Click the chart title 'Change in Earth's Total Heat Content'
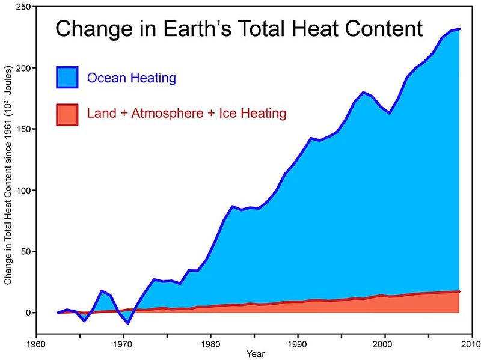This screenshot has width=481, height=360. tap(239, 29)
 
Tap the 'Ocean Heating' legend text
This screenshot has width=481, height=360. tap(131, 78)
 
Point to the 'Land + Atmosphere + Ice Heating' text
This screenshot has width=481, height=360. tap(186, 113)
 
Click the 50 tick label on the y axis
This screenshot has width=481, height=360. tap(26, 251)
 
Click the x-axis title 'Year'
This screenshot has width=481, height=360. tap(254, 354)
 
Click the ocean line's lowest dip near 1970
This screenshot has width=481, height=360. tap(127, 323)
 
